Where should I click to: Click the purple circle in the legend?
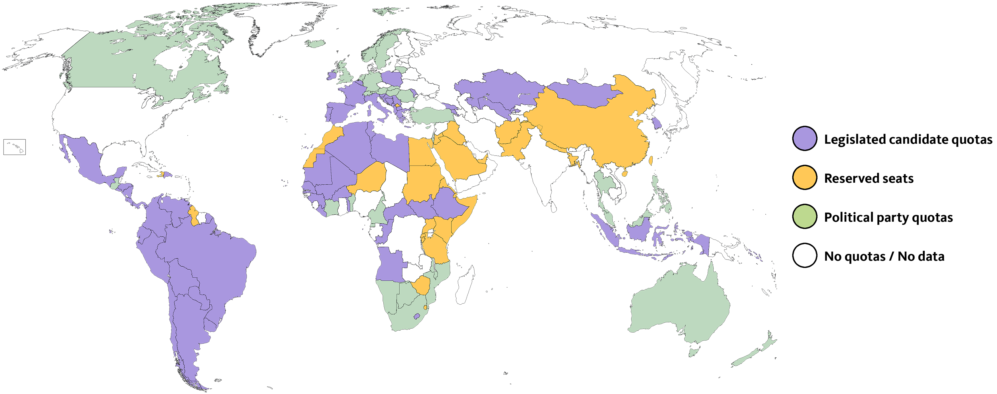[805, 139]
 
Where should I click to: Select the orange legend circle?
[805, 178]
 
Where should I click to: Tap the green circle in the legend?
[805, 216]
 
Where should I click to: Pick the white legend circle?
[805, 255]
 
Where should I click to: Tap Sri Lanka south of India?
[553, 208]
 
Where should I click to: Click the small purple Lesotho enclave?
[416, 316]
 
